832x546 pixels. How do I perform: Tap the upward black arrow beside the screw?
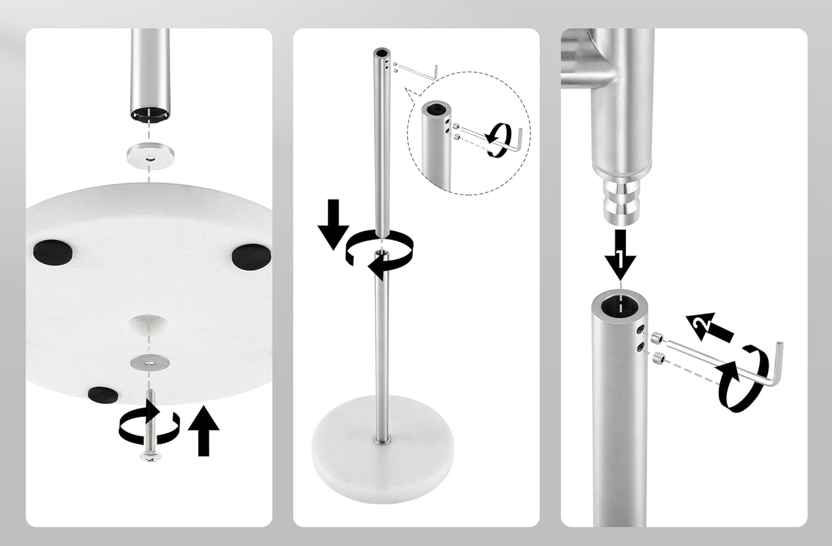(204, 431)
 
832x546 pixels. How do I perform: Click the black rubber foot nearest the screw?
(103, 395)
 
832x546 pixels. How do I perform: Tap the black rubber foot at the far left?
(53, 251)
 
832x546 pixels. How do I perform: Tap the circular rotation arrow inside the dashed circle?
(499, 140)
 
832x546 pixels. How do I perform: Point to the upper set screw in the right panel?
(657, 337)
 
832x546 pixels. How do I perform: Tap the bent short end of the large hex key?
(779, 362)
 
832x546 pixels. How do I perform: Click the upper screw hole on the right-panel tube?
(641, 329)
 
